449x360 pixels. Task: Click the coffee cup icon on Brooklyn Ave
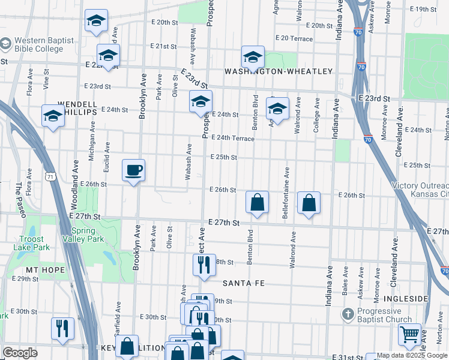(x=133, y=170)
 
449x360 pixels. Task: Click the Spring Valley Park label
(x=88, y=235)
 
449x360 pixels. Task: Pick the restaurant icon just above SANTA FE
(x=204, y=264)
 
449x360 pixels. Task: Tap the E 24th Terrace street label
(x=232, y=139)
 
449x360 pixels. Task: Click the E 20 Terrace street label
(x=294, y=38)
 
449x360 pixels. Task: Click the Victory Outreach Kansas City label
(x=420, y=190)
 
